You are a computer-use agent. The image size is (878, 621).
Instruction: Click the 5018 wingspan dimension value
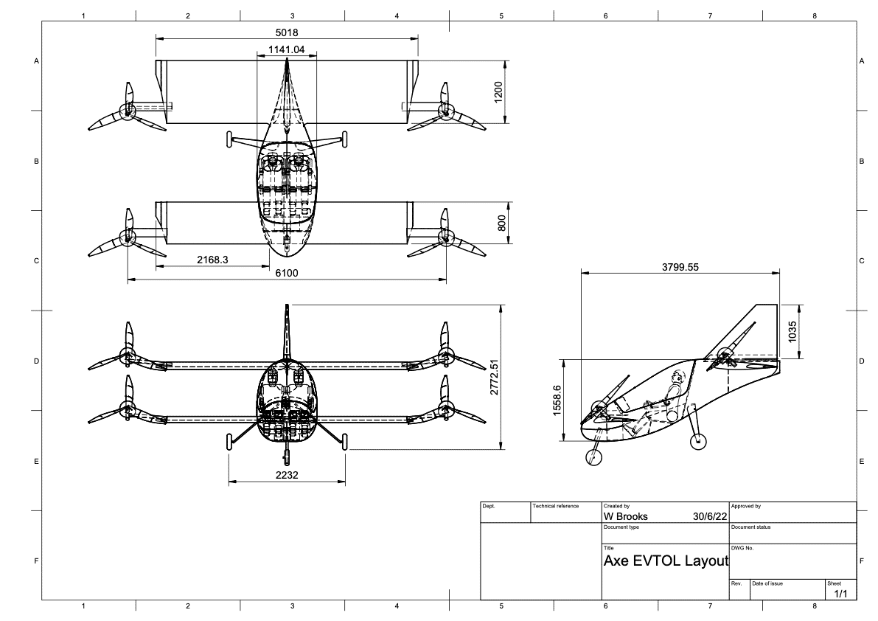[287, 32]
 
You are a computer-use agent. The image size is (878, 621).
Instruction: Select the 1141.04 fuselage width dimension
[286, 49]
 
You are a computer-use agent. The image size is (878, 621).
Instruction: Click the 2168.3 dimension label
[213, 260]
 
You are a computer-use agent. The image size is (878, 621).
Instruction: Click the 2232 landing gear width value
[287, 476]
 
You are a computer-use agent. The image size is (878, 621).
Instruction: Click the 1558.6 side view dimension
[557, 400]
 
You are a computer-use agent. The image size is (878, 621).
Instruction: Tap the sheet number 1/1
[840, 593]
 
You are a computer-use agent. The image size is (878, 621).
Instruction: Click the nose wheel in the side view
[593, 457]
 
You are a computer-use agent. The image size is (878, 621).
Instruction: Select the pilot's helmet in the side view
[677, 378]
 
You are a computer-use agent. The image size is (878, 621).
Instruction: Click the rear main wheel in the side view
[697, 442]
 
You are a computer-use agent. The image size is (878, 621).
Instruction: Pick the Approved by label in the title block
[746, 506]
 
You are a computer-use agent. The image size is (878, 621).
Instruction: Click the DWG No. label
[742, 547]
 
